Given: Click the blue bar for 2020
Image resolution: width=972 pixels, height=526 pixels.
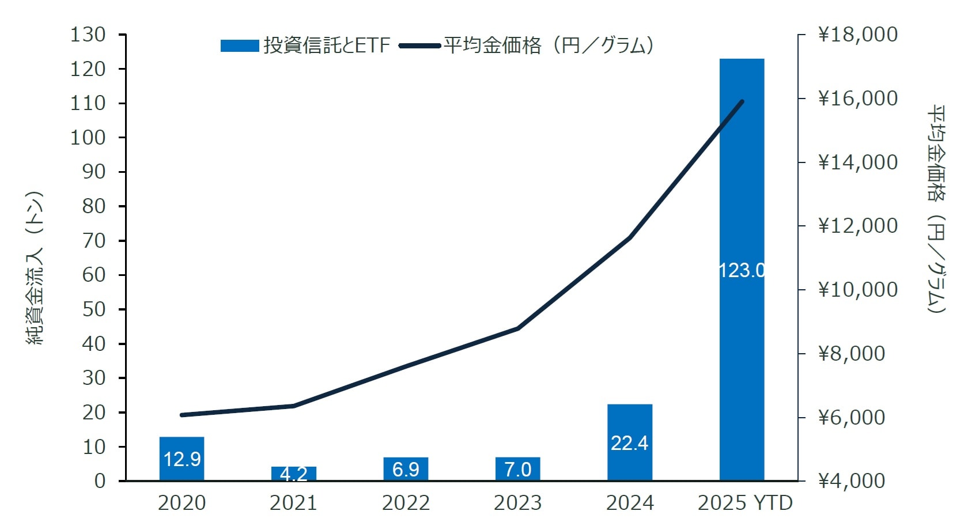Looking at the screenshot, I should (x=181, y=459).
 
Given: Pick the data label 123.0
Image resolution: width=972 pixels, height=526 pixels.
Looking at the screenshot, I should (x=742, y=270).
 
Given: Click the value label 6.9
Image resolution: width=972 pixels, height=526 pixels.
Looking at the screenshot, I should (x=406, y=470).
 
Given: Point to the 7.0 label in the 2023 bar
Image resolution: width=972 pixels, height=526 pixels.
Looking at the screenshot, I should (x=517, y=470).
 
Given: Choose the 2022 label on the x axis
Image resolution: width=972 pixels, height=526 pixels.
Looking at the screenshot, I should (x=406, y=503).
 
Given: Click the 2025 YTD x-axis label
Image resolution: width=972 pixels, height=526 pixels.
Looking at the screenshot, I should (x=745, y=503).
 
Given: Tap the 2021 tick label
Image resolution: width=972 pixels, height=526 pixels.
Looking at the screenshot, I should (x=293, y=503).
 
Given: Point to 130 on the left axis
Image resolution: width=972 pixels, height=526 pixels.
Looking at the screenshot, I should (x=88, y=35).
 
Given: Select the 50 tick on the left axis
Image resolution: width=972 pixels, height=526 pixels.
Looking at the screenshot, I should (x=94, y=309).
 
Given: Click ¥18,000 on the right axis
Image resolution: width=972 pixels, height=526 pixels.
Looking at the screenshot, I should (x=858, y=35).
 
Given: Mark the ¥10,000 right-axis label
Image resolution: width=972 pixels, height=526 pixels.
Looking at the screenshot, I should (x=858, y=289).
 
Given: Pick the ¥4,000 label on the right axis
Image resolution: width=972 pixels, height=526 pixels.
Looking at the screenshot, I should (x=852, y=480).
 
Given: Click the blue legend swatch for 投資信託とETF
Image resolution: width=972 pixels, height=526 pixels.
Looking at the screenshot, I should (x=240, y=46).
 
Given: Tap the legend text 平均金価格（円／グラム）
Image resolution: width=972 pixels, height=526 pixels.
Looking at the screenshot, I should (x=549, y=46).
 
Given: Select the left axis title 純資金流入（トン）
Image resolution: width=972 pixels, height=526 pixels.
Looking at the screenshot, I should (x=35, y=268).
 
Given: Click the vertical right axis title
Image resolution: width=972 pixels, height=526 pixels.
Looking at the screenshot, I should (x=936, y=209).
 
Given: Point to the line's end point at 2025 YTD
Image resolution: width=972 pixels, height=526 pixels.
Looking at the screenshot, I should (x=742, y=102).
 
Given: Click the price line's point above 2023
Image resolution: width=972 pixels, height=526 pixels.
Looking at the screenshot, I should (x=517, y=328).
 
